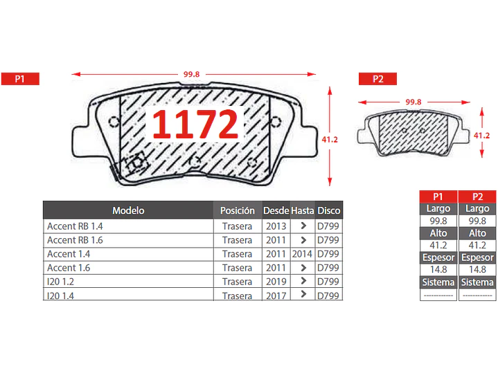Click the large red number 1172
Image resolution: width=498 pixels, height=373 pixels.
tap(195, 124)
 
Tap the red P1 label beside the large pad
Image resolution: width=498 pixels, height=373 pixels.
tap(20, 79)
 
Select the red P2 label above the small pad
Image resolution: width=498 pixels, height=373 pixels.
tap(377, 79)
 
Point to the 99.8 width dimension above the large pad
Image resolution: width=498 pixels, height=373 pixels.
tap(192, 74)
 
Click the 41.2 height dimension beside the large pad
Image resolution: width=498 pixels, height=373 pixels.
tap(330, 139)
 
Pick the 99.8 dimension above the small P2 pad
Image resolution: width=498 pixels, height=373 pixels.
tap(413, 102)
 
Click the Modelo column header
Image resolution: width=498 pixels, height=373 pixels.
tap(128, 210)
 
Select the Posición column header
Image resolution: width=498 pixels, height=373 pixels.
tap(238, 210)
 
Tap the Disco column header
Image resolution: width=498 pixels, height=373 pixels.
tap(329, 210)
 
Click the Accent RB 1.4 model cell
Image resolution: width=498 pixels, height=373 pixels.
tap(75, 226)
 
